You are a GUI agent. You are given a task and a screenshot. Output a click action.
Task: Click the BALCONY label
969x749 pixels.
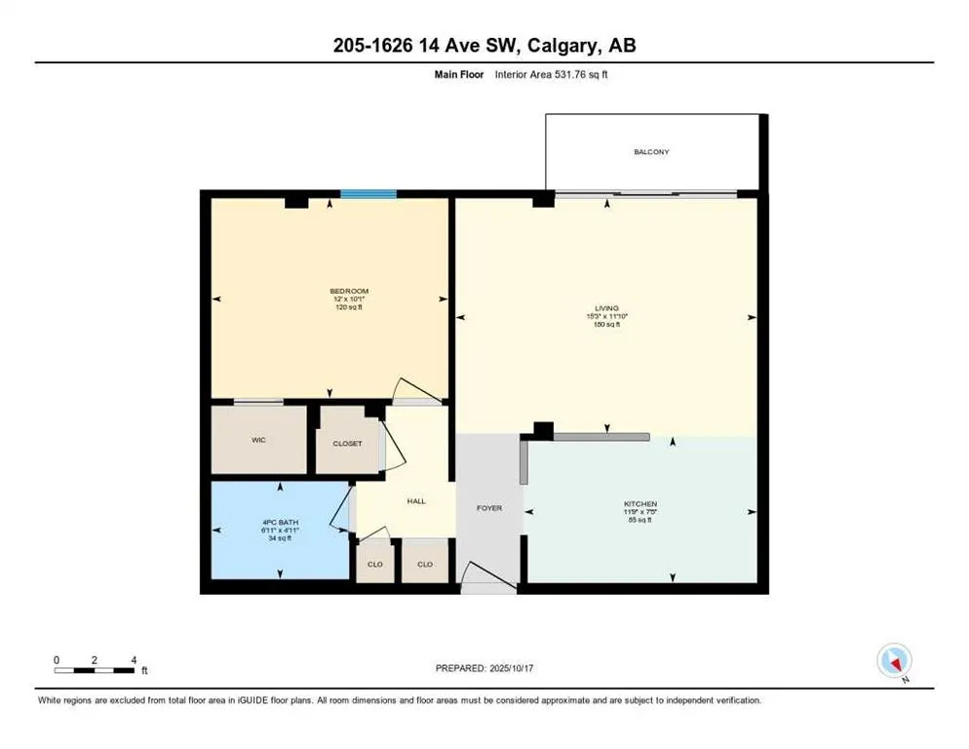[651, 152]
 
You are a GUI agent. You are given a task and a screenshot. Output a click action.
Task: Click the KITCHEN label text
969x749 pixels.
[640, 503]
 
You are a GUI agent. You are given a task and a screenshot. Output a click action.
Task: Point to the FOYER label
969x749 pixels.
[488, 508]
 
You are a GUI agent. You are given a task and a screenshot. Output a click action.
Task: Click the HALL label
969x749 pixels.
[416, 501]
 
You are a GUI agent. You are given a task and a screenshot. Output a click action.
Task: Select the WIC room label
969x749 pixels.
[258, 440]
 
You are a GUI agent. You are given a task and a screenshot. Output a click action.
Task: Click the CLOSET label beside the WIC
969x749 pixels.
[347, 444]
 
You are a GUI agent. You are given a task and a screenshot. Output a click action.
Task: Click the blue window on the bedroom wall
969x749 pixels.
[368, 194]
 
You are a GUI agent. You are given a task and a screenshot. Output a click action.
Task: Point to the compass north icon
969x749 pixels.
[894, 661]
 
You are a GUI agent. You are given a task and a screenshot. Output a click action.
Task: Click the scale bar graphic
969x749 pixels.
[95, 670]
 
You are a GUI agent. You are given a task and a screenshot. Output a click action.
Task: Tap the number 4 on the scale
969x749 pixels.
[133, 659]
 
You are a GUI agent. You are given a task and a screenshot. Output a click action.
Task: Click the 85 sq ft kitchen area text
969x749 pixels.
[640, 519]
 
